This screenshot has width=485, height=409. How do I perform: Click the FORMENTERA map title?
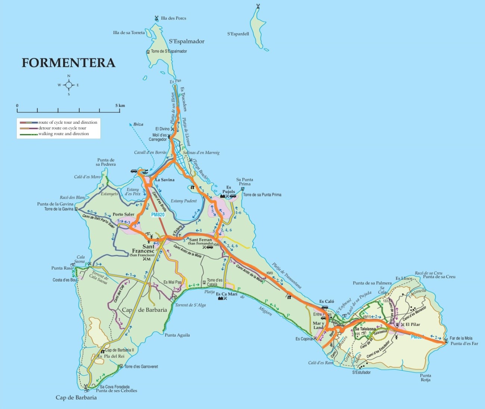pos(68,62)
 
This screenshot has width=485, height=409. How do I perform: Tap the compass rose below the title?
pos(69,85)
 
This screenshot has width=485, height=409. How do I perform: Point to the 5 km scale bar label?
pos(120,105)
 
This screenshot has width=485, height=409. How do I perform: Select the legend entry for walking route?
pos(63,134)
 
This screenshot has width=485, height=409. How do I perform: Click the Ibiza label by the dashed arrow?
pos(138,124)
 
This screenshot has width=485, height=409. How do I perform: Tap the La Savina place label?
pos(165,180)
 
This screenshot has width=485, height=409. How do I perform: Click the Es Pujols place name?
pos(228,190)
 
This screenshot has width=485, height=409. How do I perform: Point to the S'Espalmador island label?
pos(187,41)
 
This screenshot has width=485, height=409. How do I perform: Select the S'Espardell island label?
pos(238,34)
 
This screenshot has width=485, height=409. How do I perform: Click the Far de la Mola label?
pos(461,338)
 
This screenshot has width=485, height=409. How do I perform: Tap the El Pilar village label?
pos(413,325)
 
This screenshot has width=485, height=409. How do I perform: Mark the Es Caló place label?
pos(327,301)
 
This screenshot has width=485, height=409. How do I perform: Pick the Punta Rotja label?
pos(425,378)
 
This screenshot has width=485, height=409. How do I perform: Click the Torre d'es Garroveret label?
pos(141,367)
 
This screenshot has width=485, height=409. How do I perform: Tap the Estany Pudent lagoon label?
pos(184,201)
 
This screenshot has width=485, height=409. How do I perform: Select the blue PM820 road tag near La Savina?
pos(158,215)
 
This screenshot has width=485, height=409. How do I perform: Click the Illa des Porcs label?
pos(173,18)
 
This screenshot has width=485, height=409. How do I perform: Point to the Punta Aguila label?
pos(177,335)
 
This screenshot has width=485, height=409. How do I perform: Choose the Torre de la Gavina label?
pos(59,209)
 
